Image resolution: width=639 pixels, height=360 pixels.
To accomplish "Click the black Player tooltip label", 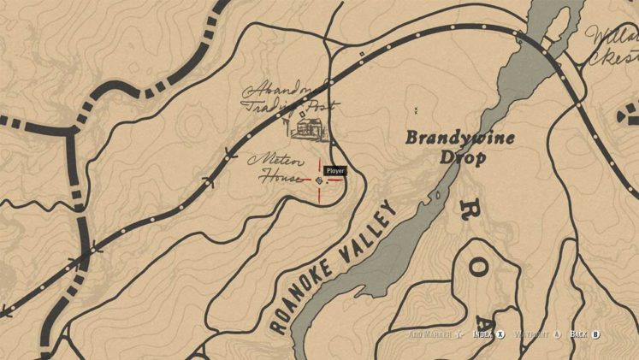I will (x=335, y=171).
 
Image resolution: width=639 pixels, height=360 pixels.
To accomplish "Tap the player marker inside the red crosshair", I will (x=320, y=180).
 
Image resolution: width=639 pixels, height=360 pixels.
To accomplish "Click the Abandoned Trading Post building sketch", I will (x=308, y=127).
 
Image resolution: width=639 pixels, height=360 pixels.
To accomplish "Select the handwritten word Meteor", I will (x=269, y=160).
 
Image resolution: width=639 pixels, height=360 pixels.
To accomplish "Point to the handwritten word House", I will (x=281, y=178).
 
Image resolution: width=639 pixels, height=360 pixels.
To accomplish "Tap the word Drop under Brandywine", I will (x=463, y=157).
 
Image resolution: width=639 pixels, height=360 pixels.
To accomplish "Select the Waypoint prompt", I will (x=532, y=334).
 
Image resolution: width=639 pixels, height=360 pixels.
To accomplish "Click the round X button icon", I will (x=501, y=334).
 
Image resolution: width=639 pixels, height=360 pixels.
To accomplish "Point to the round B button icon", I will (x=596, y=334).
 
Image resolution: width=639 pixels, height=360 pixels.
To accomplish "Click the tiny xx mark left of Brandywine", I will (x=417, y=110).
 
